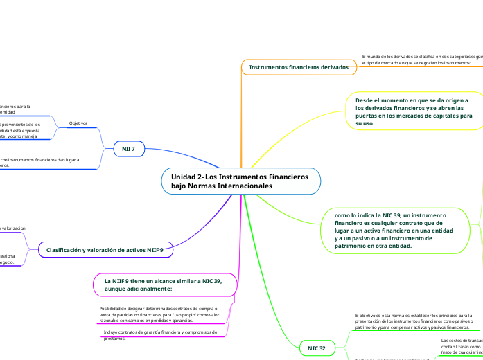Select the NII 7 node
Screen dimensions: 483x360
pos(128,149)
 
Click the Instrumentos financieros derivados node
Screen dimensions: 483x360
pos(299,67)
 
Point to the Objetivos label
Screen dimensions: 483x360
pos(78,123)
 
